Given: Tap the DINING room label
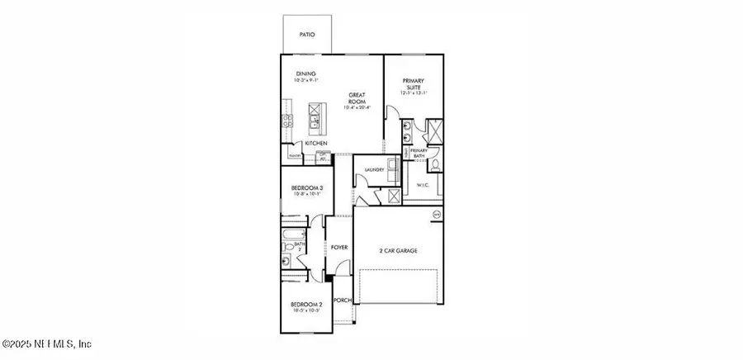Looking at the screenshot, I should click(305, 73).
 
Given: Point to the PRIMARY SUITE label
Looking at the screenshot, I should click(413, 83).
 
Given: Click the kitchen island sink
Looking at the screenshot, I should click(315, 124).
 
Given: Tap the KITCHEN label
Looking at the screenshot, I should click(316, 144).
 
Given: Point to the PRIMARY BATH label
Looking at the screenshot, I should click(419, 153).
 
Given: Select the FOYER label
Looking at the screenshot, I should click(338, 248).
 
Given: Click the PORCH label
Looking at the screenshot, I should click(342, 300).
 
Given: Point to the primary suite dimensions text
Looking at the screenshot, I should click(413, 93).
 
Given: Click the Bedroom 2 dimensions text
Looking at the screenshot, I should click(305, 311).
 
